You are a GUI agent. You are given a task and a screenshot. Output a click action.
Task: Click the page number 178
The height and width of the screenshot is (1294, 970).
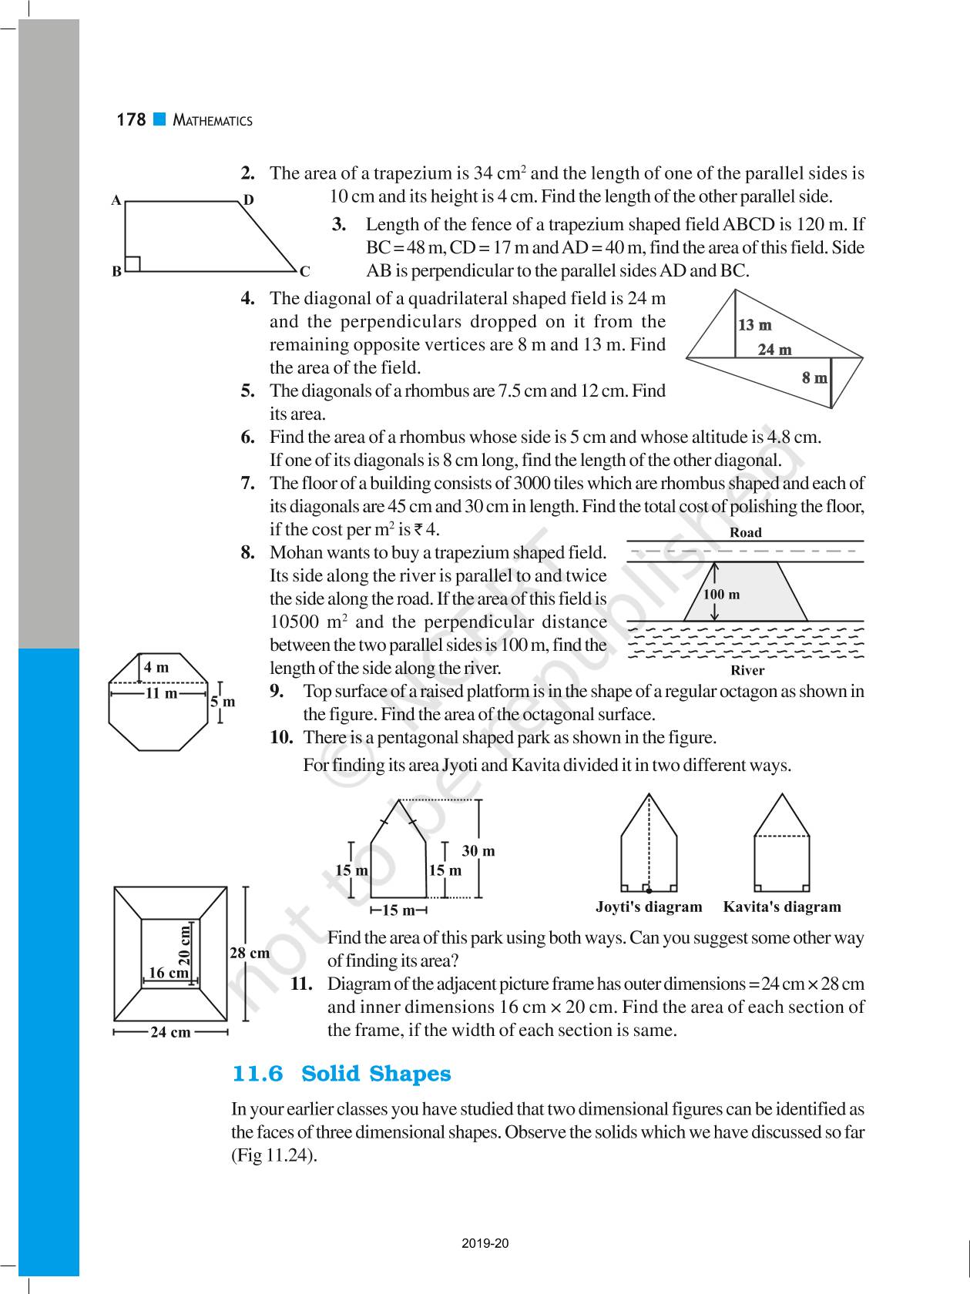[x=131, y=120]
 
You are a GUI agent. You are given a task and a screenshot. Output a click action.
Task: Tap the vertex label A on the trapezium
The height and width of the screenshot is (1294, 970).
[x=116, y=200]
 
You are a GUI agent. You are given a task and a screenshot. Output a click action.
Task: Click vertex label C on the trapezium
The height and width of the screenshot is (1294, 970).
[x=305, y=271]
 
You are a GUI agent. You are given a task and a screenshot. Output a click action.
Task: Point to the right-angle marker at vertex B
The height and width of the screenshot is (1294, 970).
[x=133, y=263]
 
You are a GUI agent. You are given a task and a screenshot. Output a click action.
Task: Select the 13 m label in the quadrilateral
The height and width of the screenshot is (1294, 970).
[x=754, y=325]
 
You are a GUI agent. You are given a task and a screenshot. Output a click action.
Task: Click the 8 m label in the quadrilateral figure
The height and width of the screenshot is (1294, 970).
[x=814, y=377]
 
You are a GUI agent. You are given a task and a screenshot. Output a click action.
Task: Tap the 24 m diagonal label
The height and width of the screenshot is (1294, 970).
[x=774, y=350]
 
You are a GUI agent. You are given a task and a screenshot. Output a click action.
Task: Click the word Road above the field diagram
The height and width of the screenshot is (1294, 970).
[x=745, y=532]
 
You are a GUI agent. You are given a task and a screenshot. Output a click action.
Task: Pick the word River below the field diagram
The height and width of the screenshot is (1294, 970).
[x=747, y=670]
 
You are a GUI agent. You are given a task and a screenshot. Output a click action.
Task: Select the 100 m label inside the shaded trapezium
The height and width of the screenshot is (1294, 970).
[x=721, y=594]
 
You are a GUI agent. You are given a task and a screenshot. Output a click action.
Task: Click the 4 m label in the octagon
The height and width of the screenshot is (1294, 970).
[x=156, y=667]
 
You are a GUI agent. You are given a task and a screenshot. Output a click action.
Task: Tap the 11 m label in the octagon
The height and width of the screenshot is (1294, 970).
[x=161, y=693]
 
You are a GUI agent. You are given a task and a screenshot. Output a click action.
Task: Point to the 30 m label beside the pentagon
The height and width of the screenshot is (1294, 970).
[x=478, y=850]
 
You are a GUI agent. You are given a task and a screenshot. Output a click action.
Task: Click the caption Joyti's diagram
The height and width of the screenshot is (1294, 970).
[x=649, y=907]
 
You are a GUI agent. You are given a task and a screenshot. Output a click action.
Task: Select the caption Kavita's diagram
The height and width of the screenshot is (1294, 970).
[x=781, y=907]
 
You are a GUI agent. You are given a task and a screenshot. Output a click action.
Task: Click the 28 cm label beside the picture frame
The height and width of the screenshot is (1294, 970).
[x=250, y=953]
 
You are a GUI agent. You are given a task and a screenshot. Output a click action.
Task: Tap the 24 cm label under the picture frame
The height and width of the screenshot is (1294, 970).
[x=170, y=1032]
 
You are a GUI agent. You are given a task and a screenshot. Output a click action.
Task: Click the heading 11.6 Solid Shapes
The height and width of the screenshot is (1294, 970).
[x=341, y=1074]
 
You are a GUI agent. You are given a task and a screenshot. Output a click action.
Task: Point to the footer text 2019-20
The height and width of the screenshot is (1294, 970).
[x=485, y=1243]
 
